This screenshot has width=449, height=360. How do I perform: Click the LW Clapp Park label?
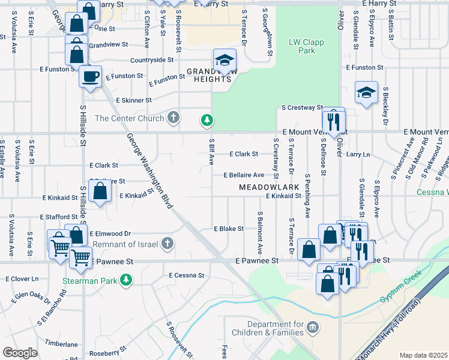[x=302, y=47]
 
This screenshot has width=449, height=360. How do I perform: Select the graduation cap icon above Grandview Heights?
[x=224, y=60]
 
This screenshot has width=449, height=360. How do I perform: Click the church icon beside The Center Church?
[x=173, y=118]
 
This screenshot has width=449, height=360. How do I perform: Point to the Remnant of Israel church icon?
[x=167, y=244]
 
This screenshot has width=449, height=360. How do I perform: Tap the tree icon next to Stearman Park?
[x=125, y=280]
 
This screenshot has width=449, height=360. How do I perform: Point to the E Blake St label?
[x=229, y=229]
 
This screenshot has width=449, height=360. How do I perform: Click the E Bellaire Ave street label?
[x=244, y=175]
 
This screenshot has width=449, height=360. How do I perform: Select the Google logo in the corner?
[x=20, y=353]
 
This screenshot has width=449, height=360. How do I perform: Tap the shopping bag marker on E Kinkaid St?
[x=101, y=192]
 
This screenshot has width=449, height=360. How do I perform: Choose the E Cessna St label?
[x=187, y=275]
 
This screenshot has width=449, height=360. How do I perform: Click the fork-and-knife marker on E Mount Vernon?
[x=334, y=121]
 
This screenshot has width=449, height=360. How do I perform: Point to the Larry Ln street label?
[x=358, y=154]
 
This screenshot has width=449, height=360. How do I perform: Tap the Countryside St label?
[x=152, y=60]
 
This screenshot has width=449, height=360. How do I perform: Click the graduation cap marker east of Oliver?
[x=366, y=93]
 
